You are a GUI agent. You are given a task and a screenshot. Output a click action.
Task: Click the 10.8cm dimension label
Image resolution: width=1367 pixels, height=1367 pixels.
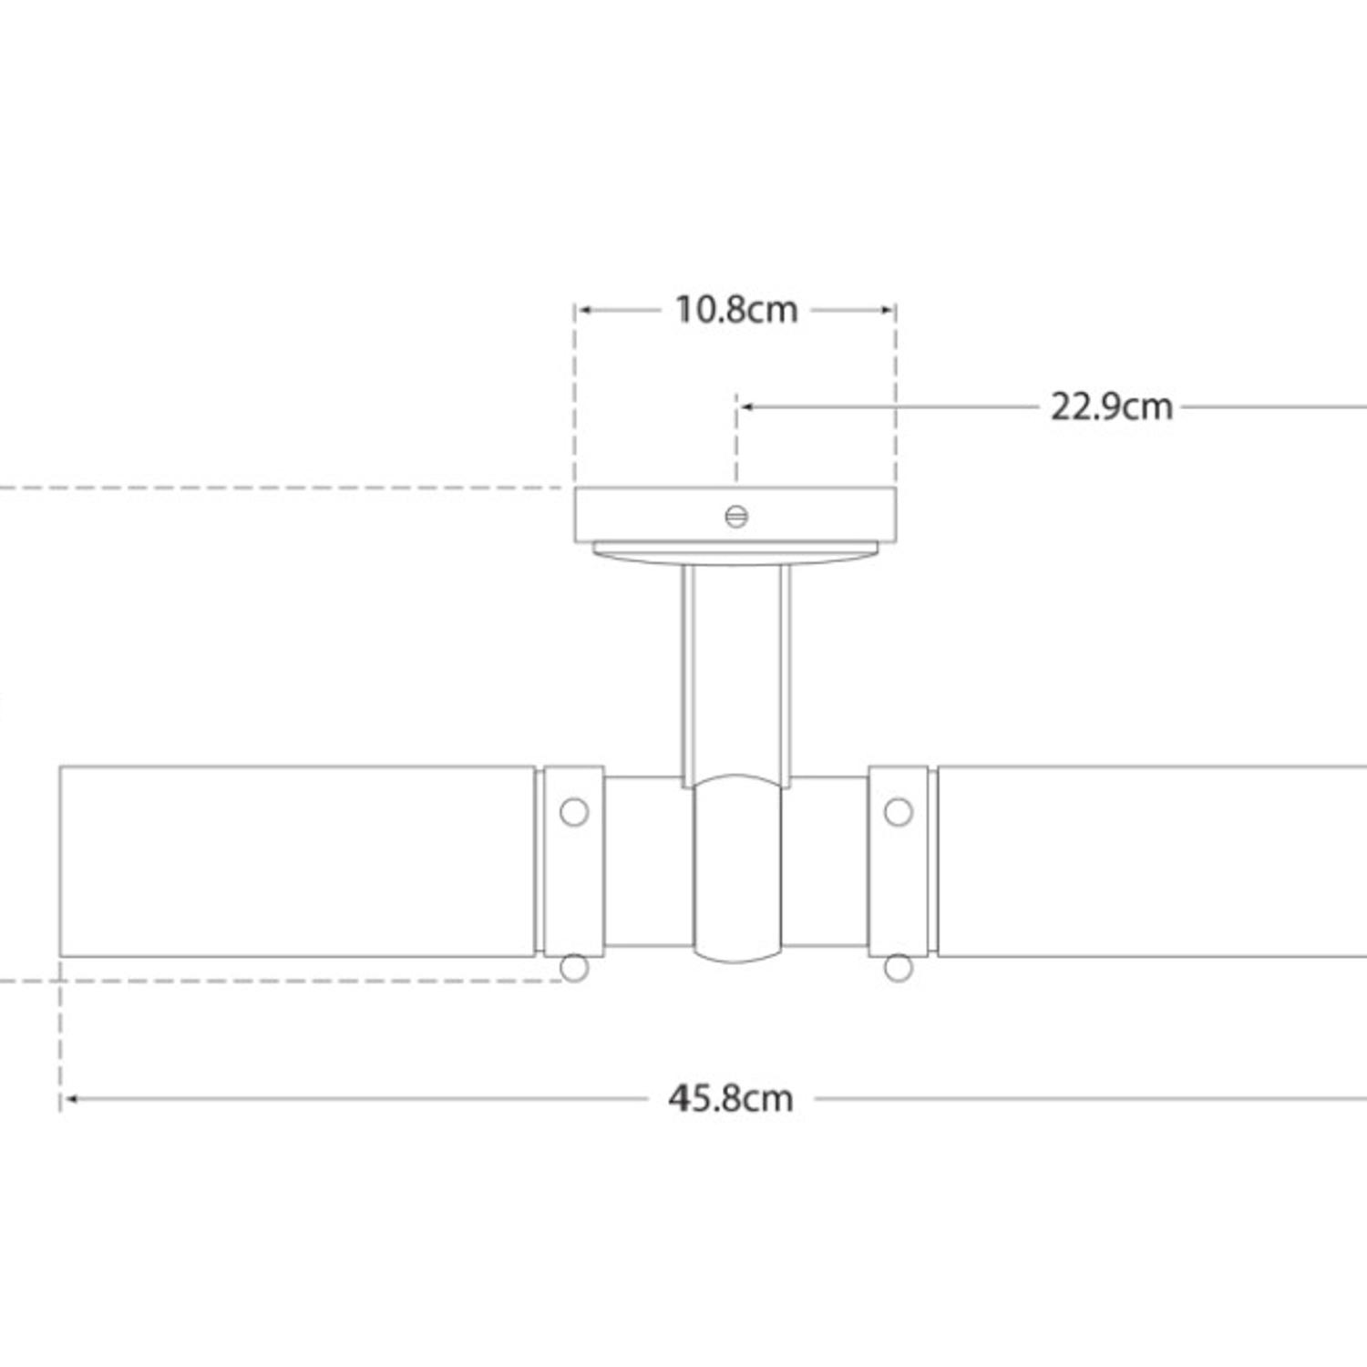pyautogui.click(x=735, y=310)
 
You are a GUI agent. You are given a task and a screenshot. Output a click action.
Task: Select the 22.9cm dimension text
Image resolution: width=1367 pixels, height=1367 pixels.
pyautogui.click(x=1111, y=406)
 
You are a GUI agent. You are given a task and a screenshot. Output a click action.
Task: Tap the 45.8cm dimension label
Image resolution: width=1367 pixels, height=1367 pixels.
pyautogui.click(x=730, y=1098)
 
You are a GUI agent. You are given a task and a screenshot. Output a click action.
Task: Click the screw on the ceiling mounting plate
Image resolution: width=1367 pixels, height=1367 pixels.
pyautogui.click(x=736, y=517)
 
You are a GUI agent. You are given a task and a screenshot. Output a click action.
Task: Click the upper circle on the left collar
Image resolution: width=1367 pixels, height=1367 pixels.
pyautogui.click(x=573, y=811)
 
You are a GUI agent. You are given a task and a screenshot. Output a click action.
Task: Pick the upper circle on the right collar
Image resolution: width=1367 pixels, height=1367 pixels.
pyautogui.click(x=898, y=811)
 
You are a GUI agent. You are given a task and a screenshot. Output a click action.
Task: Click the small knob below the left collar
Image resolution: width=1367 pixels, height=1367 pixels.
pyautogui.click(x=573, y=967)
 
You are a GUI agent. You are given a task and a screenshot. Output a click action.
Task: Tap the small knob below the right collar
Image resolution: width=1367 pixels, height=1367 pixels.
pyautogui.click(x=898, y=967)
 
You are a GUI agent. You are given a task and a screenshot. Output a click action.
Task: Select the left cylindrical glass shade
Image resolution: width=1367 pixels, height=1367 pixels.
pyautogui.click(x=296, y=861)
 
